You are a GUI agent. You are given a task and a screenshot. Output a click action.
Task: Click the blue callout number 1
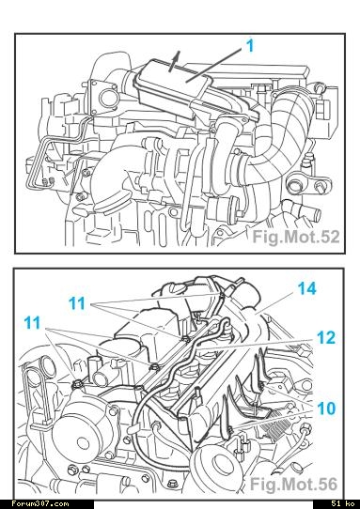click(250, 46)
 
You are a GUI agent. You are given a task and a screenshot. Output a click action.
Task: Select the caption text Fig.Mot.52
click(296, 237)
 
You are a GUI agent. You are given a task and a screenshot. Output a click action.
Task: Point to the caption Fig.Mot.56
click(294, 485)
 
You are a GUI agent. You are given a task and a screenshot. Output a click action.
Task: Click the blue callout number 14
click(307, 288)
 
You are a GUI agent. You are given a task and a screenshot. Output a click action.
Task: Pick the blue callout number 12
click(326, 338)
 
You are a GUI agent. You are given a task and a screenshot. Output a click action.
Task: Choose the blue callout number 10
click(326, 409)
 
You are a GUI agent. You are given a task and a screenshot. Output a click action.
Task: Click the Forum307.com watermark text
click(40, 503)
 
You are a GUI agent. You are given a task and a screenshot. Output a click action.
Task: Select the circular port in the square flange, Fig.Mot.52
click(107, 98)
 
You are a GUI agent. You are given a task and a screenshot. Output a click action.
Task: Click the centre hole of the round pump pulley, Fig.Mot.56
click(82, 443)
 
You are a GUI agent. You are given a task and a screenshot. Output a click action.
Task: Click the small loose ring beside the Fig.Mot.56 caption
click(297, 468)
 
